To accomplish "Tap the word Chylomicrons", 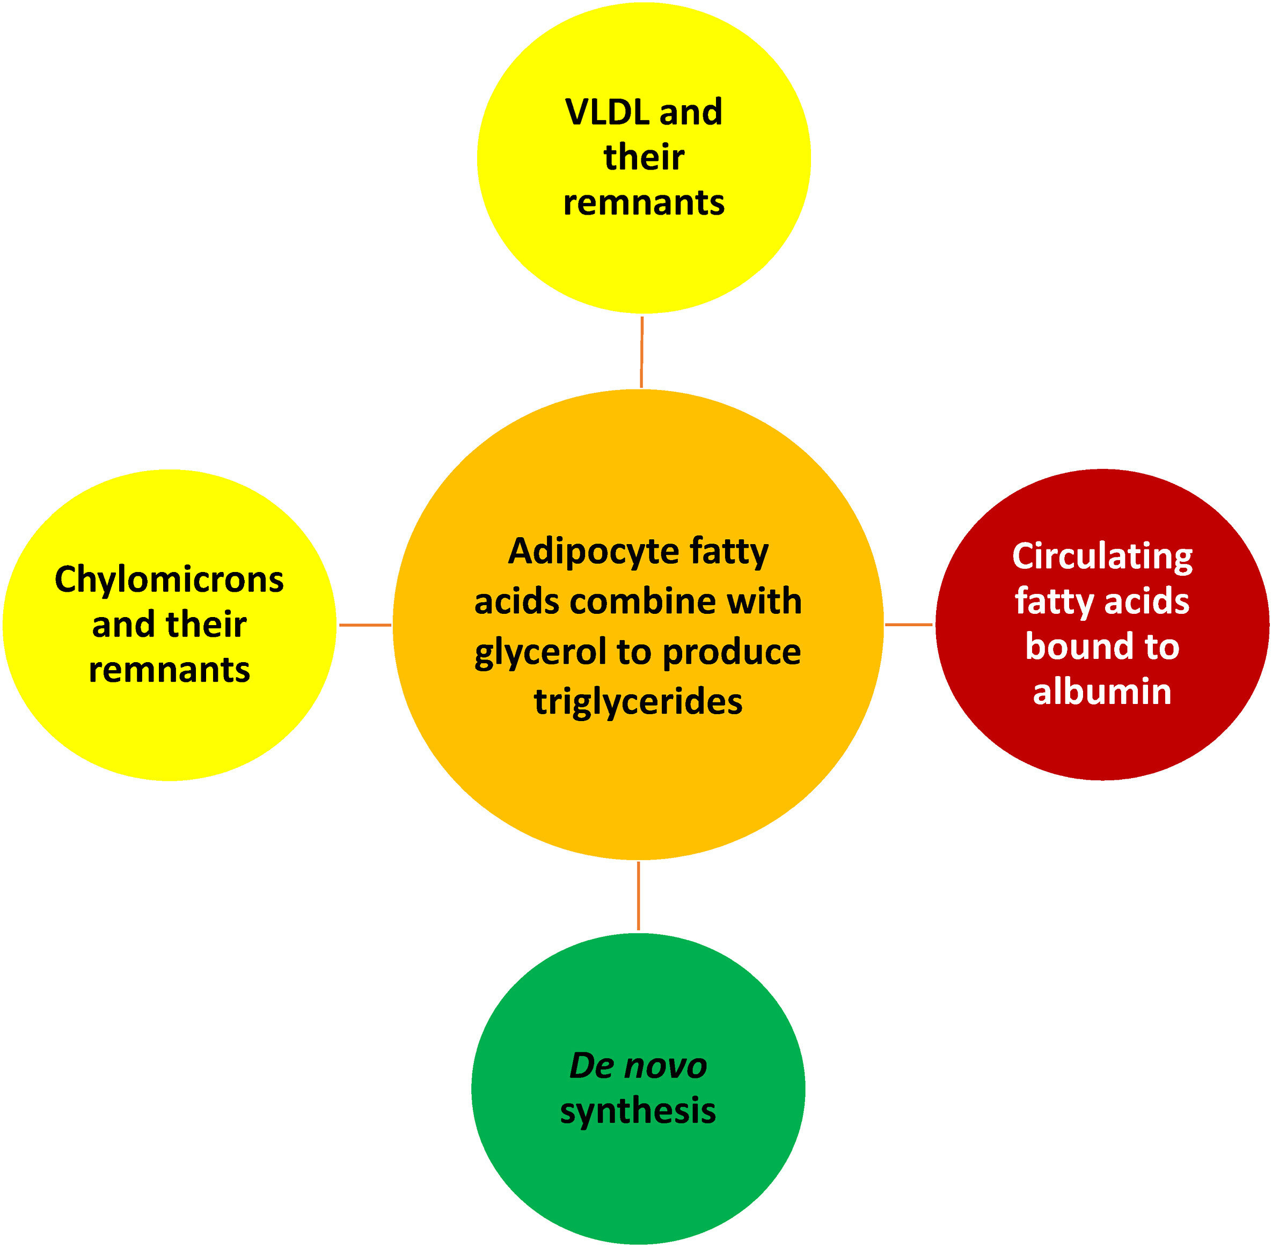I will pos(169,580).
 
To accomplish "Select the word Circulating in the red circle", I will pos(1102,557).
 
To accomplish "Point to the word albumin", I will pos(1102,692).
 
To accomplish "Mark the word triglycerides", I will pos(638,702).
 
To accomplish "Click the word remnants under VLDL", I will pos(644,202).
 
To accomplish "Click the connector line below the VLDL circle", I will pos(641,351).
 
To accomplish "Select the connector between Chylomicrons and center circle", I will pos(365,625).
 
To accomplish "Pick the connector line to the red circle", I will pos(909,625).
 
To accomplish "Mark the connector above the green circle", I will pos(638,896).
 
